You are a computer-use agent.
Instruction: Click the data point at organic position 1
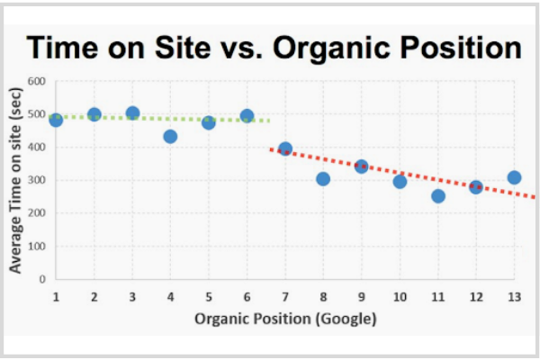pos(56,120)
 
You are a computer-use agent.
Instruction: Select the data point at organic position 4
pos(170,136)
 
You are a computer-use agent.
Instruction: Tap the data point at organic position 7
pos(285,149)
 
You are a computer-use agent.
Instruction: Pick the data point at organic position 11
pos(438,195)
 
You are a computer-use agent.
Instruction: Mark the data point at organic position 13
pos(514,177)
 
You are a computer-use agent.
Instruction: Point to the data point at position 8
pos(323,178)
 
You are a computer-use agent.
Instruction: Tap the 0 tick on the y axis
pos(41,279)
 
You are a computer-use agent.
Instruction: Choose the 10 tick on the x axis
pos(399,296)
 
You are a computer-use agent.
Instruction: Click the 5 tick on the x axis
pos(208,296)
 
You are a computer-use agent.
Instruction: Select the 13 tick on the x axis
pos(513,296)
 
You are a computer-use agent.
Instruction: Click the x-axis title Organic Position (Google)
pos(284,318)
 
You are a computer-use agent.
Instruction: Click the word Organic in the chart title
pos(335,47)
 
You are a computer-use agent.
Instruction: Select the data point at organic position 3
pos(132,114)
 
